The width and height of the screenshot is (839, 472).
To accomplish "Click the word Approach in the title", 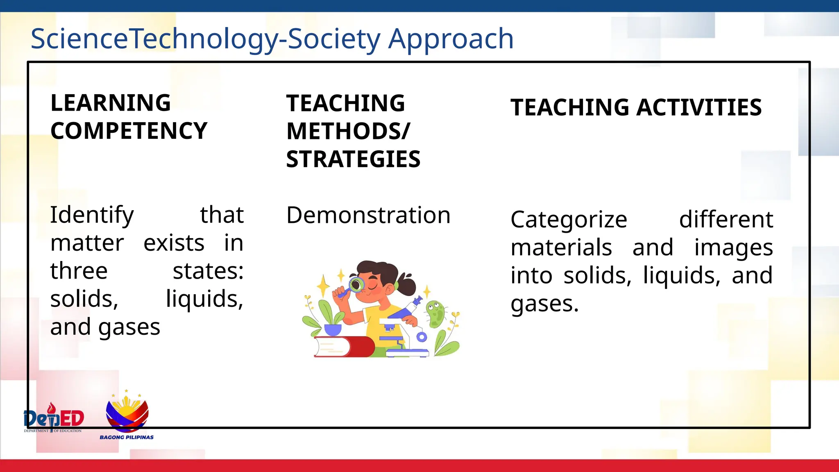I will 451,39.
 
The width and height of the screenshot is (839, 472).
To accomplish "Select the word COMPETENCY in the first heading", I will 129,131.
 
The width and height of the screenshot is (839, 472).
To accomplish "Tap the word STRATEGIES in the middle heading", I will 353,159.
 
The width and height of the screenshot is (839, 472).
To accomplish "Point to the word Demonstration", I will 368,216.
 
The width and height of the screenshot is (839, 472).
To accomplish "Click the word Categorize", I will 569,220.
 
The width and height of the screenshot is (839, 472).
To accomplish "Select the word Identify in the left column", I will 92,216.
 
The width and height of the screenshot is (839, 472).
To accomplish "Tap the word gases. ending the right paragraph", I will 544,304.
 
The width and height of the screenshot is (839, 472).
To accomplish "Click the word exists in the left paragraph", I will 174,243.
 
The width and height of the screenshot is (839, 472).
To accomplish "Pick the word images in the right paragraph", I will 733,248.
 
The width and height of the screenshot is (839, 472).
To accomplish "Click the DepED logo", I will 54,418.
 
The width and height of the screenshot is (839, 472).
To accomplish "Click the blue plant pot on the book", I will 333,330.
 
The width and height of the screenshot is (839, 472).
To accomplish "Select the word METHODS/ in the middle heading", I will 348,132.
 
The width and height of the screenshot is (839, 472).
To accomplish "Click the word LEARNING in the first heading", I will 110,103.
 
